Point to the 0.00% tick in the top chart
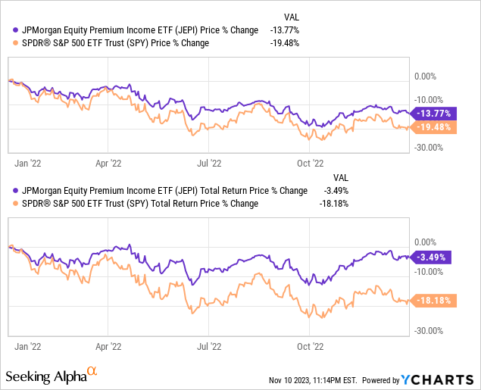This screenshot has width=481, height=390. [x=426, y=76]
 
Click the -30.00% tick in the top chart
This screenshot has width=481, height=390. [x=428, y=148]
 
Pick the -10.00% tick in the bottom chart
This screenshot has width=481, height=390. [x=428, y=271]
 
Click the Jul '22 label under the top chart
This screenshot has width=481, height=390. [x=210, y=162]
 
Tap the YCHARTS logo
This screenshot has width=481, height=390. [x=440, y=378]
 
